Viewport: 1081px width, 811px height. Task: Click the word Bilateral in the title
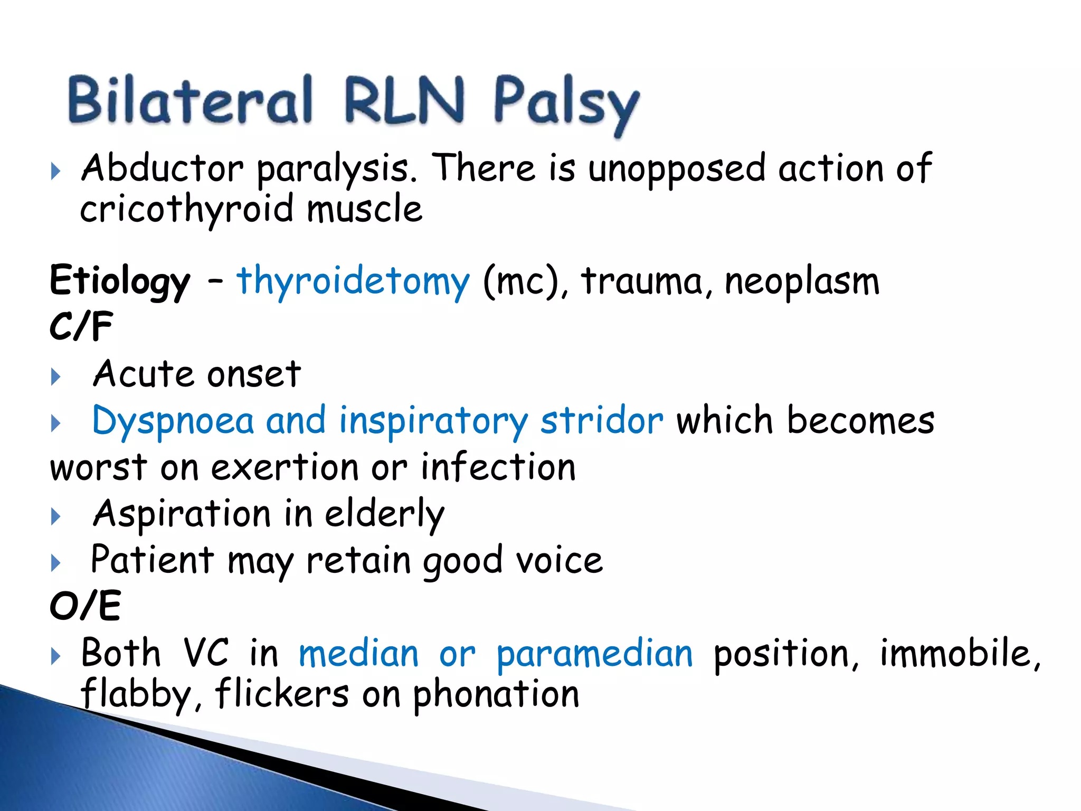191,100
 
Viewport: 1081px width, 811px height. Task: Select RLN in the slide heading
404,100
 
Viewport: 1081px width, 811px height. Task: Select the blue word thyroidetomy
353,280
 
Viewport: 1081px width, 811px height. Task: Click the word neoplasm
802,281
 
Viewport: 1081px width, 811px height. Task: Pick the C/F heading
81,326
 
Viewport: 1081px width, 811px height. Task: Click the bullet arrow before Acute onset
55,377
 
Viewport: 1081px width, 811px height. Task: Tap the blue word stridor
601,421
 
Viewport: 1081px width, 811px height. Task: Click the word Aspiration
182,514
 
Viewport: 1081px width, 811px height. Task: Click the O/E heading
85,606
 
